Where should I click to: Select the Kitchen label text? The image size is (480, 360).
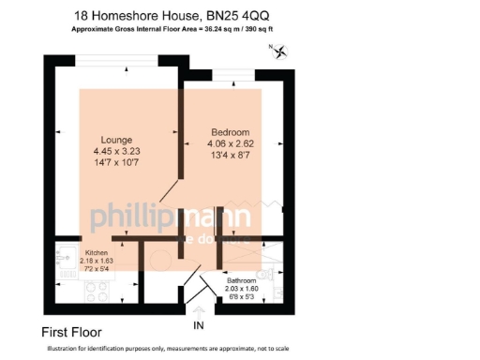pos(97,254)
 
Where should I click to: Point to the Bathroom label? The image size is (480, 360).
pos(242,280)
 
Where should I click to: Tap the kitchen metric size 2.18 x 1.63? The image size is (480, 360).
pos(97,262)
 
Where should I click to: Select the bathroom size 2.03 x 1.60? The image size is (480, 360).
pos(242,289)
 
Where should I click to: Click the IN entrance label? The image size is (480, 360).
pos(198,325)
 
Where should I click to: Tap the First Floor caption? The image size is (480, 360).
pos(72,332)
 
